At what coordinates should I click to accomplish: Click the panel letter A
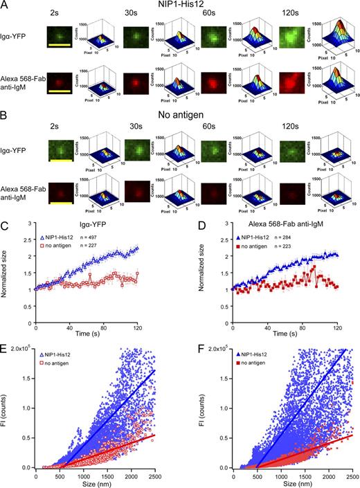[x=6, y=6]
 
